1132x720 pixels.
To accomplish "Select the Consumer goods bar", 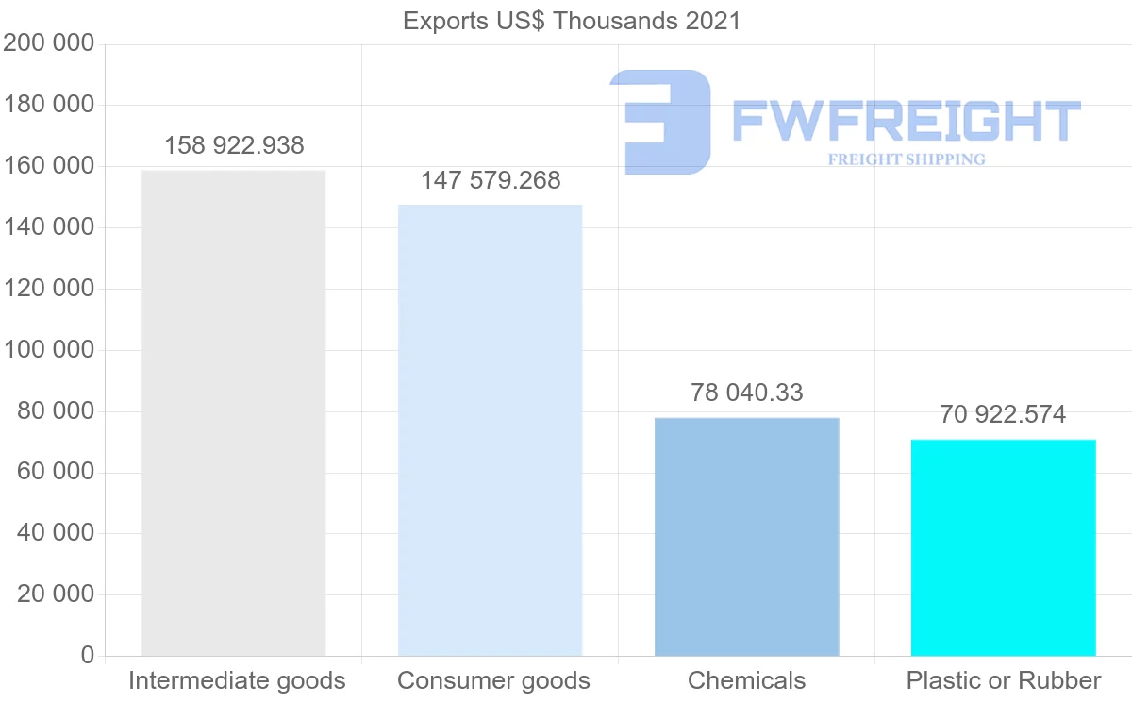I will [x=490, y=429].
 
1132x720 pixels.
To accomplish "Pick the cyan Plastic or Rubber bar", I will [x=1003, y=547].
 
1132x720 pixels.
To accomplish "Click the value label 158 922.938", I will [x=234, y=145].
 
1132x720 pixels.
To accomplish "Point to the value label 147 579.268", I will [x=491, y=180].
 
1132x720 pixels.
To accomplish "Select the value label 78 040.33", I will [x=746, y=393].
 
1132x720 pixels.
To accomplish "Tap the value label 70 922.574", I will [x=1003, y=414].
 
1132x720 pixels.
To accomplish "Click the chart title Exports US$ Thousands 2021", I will [x=572, y=21].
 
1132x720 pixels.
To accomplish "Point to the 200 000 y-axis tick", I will [x=49, y=43].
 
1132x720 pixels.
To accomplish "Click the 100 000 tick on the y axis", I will [x=49, y=350].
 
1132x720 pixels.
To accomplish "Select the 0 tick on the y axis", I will [x=88, y=656].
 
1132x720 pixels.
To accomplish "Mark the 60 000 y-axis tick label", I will [x=56, y=473].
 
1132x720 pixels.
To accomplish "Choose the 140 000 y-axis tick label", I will [x=49, y=227].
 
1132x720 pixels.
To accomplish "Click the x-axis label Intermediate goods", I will [x=237, y=680].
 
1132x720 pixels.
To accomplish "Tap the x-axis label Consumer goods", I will [x=493, y=680].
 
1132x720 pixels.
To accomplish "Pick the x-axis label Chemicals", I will [x=746, y=680].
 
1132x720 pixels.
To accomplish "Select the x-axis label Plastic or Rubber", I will [x=1004, y=680].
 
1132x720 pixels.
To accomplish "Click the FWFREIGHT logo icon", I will [x=660, y=122].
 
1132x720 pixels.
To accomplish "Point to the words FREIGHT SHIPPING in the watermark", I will [x=907, y=159].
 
